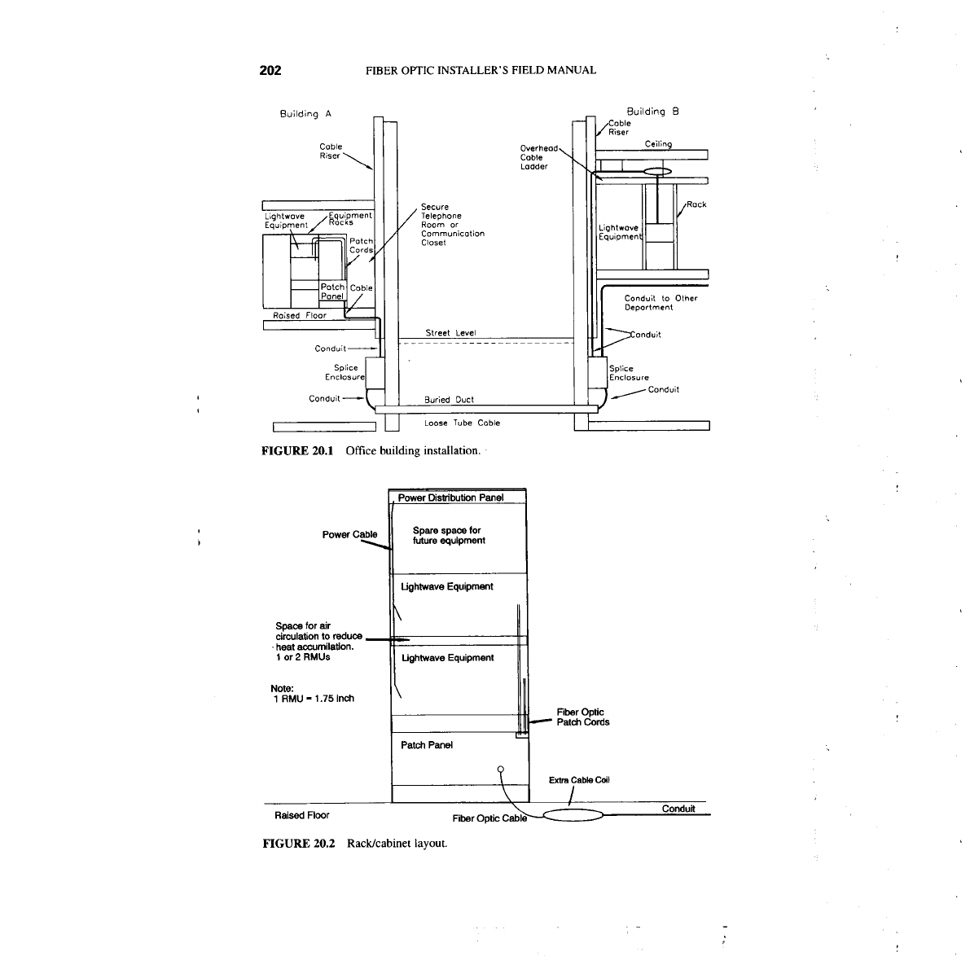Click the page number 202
(270, 70)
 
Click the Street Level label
(450, 333)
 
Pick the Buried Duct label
(450, 400)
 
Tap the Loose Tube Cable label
(462, 423)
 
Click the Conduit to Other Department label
(661, 303)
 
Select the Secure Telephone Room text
(452, 225)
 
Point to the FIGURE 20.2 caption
(353, 843)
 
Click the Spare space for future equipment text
(449, 536)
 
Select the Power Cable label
(349, 535)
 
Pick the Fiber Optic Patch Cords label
(582, 717)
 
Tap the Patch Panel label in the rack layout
(427, 745)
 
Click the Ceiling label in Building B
(658, 144)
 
